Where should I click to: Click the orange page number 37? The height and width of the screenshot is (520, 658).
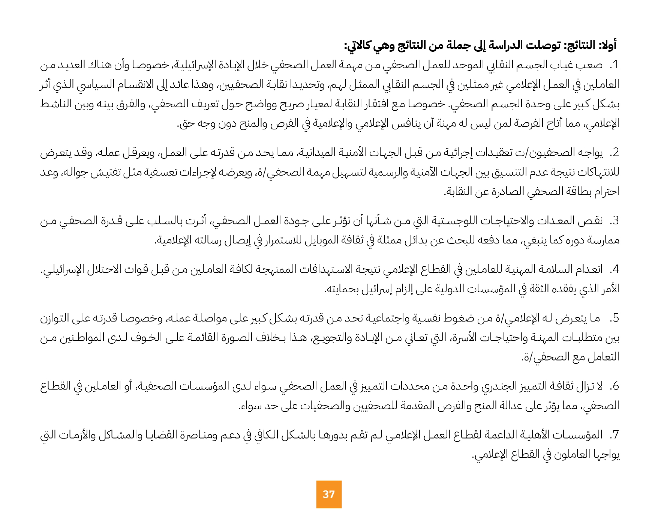click(x=328, y=494)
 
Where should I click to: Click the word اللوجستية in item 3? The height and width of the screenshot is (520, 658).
click(x=454, y=221)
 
